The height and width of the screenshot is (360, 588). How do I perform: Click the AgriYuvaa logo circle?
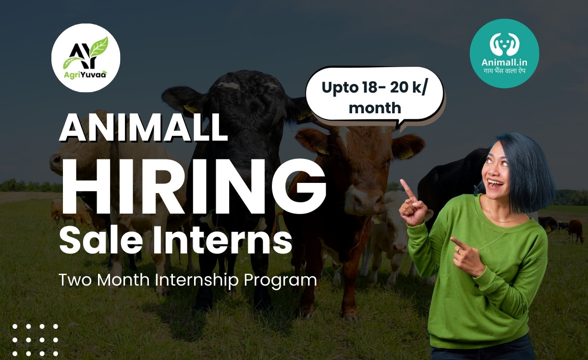click(x=86, y=58)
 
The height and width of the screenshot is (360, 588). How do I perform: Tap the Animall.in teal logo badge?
click(x=504, y=53)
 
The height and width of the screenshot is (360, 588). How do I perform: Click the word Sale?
click(x=101, y=240)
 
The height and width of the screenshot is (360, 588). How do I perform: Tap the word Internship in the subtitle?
click(x=196, y=280)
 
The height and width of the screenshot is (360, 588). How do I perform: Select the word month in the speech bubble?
click(x=375, y=108)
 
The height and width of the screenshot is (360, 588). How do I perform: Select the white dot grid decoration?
click(x=35, y=340)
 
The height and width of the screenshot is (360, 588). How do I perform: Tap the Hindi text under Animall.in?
click(x=504, y=71)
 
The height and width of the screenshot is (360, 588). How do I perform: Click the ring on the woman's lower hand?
click(x=458, y=251)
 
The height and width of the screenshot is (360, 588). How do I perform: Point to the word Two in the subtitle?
click(x=75, y=279)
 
